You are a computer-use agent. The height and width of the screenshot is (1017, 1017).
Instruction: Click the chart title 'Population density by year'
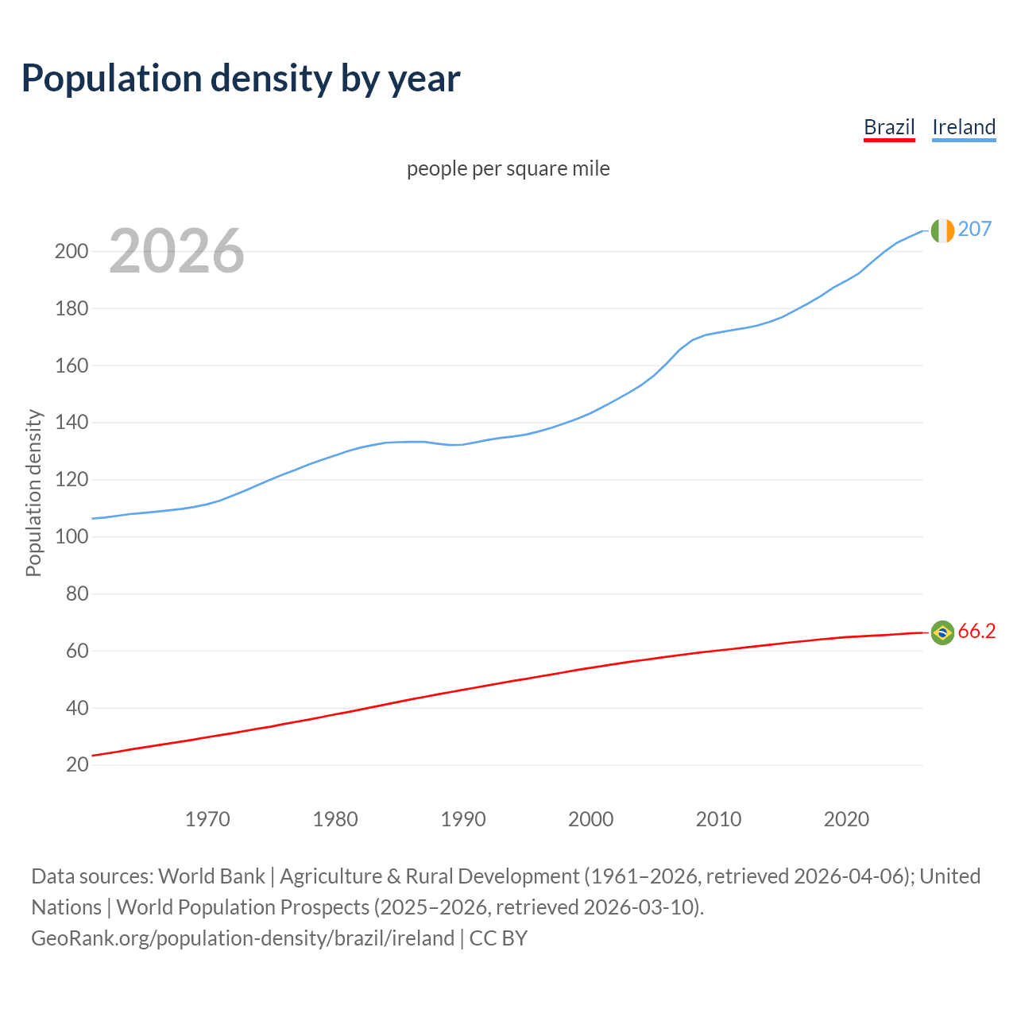(x=241, y=79)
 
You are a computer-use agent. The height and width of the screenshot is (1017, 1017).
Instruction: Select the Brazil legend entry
(x=889, y=127)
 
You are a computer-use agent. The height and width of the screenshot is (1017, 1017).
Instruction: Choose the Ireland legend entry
(x=964, y=127)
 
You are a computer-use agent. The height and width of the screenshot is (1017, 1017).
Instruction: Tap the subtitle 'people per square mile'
(x=508, y=168)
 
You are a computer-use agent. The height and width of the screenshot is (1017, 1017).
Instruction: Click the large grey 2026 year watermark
(x=176, y=251)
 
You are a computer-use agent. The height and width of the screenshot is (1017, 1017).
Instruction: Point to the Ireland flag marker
(x=942, y=230)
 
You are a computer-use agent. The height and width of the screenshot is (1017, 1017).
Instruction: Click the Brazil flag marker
(x=942, y=632)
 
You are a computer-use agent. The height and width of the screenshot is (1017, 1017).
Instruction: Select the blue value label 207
(x=974, y=229)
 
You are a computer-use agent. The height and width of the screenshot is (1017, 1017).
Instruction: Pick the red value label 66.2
(x=976, y=631)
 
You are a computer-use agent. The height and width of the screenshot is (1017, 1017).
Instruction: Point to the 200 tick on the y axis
(x=71, y=252)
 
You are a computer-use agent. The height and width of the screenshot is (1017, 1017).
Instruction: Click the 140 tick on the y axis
(x=71, y=423)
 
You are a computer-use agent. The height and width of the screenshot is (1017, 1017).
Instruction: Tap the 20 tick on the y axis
(x=77, y=765)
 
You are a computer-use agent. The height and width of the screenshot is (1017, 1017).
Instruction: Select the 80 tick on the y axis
(x=77, y=594)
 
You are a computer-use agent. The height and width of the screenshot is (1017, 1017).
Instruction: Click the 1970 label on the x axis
(x=207, y=819)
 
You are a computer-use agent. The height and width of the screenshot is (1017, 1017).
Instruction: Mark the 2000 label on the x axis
(x=590, y=819)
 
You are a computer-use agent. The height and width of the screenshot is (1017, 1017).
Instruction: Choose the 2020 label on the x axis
(x=846, y=819)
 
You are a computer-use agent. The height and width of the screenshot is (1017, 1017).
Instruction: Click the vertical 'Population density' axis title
(x=33, y=493)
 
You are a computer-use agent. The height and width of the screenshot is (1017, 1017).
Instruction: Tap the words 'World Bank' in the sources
(x=211, y=876)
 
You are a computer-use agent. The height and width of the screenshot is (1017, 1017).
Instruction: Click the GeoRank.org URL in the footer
(x=242, y=938)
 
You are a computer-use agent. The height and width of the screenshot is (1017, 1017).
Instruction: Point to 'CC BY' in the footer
(x=498, y=938)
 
